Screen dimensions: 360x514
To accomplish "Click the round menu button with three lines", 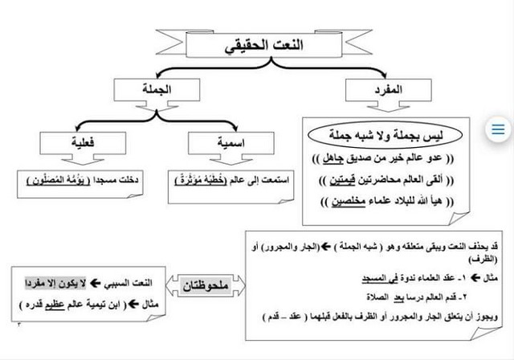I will coord(497,129).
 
